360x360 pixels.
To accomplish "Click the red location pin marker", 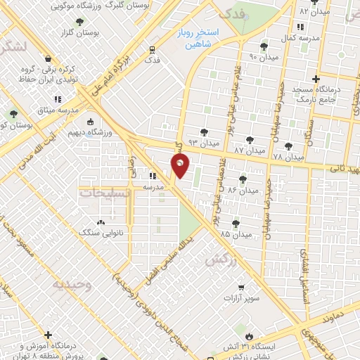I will tap(180, 166).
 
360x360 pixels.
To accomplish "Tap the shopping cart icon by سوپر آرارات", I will tap(241, 288).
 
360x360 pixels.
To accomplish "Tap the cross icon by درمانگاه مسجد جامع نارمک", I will tap(316, 79).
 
